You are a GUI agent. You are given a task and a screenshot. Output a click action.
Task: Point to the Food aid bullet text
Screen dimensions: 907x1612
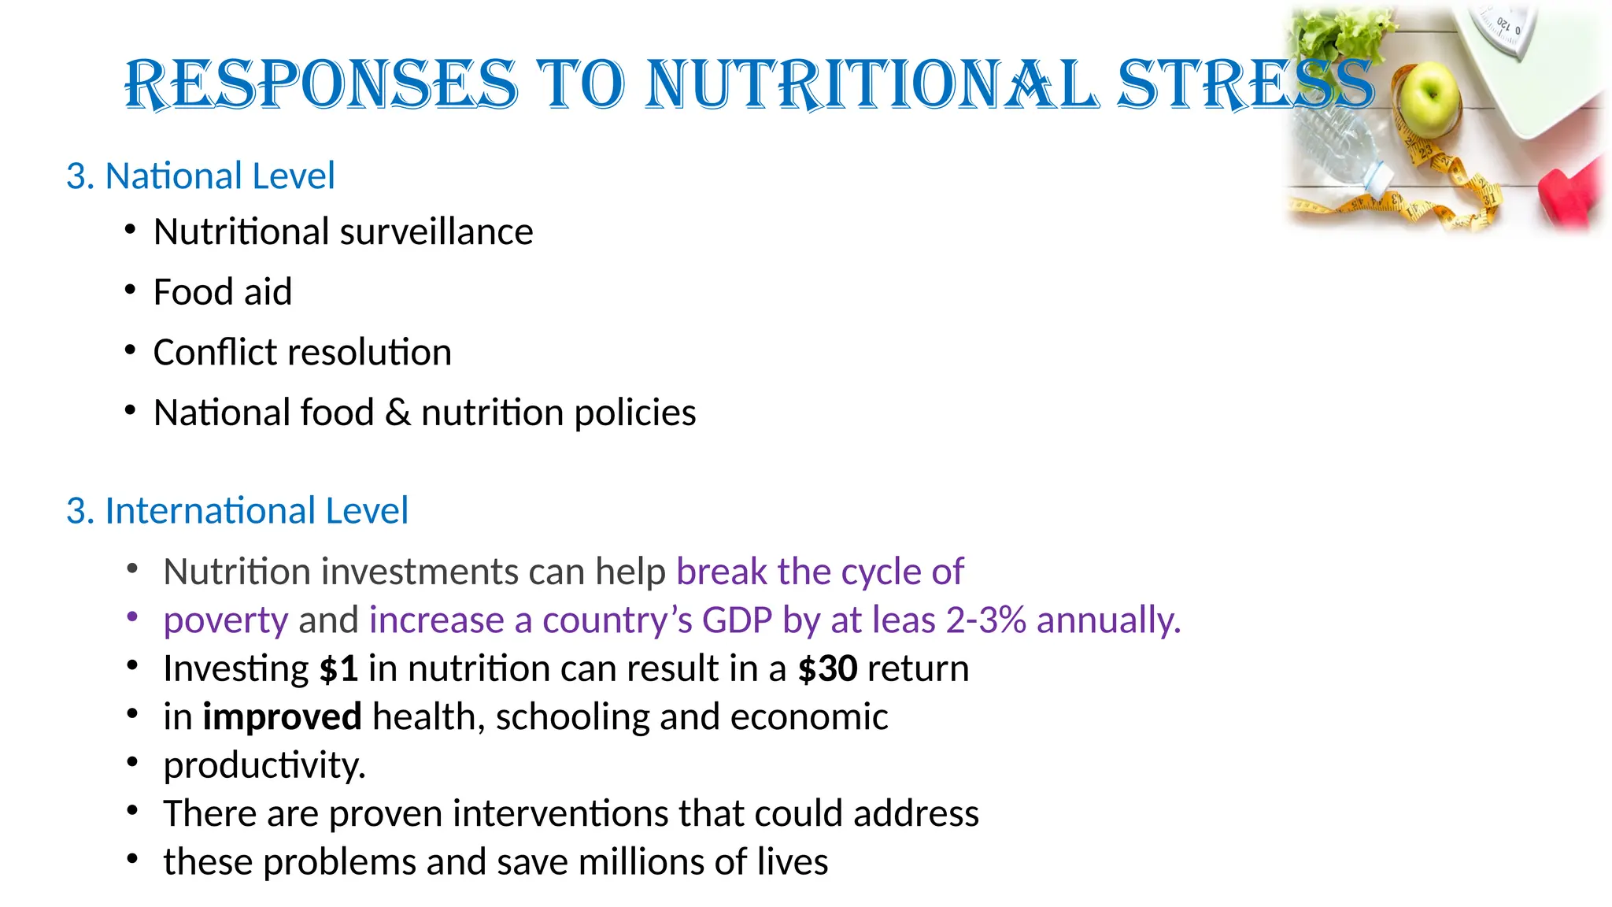pyautogui.click(x=223, y=292)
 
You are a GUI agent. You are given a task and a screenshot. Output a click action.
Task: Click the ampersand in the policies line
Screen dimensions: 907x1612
pyautogui.click(x=397, y=413)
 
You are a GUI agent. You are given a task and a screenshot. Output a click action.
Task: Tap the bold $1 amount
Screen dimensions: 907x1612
pyautogui.click(x=338, y=668)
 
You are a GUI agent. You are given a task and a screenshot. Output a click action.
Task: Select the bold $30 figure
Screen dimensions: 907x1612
pyautogui.click(x=827, y=668)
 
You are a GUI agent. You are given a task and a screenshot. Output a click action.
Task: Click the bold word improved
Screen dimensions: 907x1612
pyautogui.click(x=282, y=717)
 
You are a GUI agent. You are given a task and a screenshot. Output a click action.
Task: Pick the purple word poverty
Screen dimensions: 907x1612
pyautogui.click(x=226, y=620)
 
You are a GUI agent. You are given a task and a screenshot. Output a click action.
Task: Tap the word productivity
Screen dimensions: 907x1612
pyautogui.click(x=264, y=765)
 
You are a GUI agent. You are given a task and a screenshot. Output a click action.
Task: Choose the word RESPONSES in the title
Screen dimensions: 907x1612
pyautogui.click(x=321, y=84)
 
